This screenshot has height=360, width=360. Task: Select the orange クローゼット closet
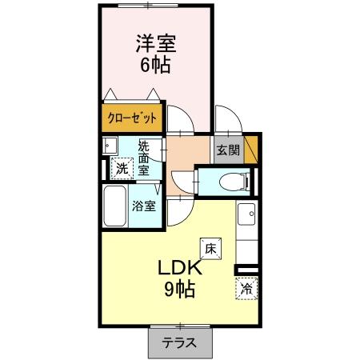click(x=131, y=118)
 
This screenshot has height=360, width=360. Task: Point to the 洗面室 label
click(x=143, y=158)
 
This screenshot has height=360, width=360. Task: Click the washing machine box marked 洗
click(x=122, y=168)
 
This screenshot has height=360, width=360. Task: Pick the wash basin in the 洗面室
click(x=110, y=146)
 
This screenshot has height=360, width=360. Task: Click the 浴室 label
click(x=144, y=205)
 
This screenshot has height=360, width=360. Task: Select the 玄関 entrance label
click(x=227, y=150)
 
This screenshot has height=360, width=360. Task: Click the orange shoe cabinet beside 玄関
click(x=251, y=149)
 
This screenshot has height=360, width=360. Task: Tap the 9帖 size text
click(x=180, y=290)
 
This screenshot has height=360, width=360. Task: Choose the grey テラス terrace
click(x=181, y=342)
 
